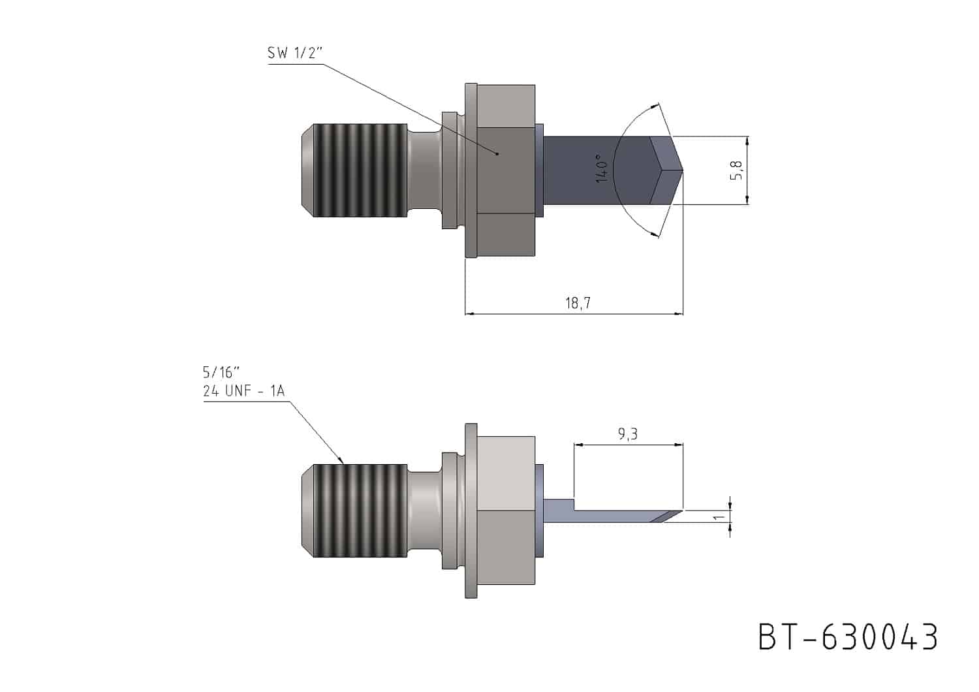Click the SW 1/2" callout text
pyautogui.click(x=295, y=53)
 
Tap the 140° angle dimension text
pyautogui.click(x=602, y=168)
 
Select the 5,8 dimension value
pyautogui.click(x=736, y=170)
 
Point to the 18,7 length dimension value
pyautogui.click(x=578, y=302)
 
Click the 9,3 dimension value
pyautogui.click(x=628, y=433)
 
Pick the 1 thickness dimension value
pyautogui.click(x=718, y=518)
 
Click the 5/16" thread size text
pyautogui.click(x=221, y=373)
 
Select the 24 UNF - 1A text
pyautogui.click(x=244, y=390)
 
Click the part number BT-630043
pyautogui.click(x=848, y=637)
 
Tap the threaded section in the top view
pyautogui.click(x=360, y=170)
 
